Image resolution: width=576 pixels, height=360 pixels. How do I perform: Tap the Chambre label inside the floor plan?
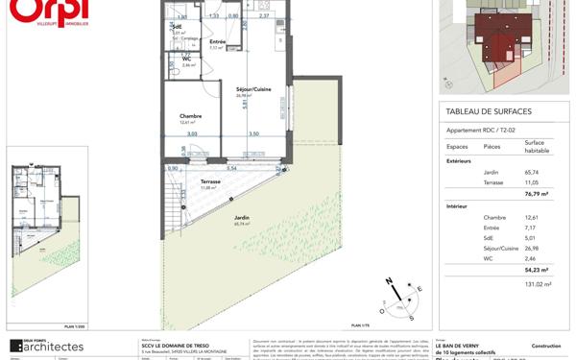click(x=190, y=115)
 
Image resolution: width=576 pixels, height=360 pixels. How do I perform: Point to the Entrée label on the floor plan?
click(x=218, y=41)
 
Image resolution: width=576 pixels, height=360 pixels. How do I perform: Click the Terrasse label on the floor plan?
click(x=210, y=180)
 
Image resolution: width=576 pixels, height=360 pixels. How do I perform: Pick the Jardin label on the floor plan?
click(x=242, y=218)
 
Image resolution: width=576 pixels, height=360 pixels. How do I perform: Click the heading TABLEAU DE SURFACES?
click(x=489, y=112)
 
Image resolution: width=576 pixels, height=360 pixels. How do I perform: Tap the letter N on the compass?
click(x=389, y=280)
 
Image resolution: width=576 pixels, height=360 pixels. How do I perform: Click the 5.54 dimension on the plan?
click(x=230, y=168)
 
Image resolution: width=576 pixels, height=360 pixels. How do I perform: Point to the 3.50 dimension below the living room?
click(x=253, y=134)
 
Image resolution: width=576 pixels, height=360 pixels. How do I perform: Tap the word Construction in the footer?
click(x=545, y=345)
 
